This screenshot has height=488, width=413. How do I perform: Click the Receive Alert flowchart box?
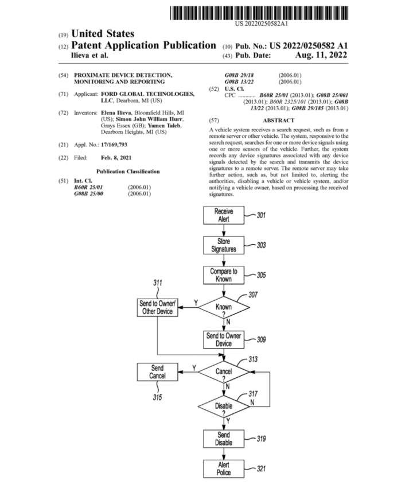click(x=224, y=215)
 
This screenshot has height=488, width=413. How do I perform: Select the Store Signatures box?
click(x=224, y=245)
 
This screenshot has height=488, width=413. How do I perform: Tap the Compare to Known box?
click(x=224, y=275)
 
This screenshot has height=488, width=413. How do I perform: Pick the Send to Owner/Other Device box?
click(x=158, y=307)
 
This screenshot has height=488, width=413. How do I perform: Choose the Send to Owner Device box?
click(x=224, y=339)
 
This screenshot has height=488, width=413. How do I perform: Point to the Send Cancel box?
click(x=158, y=371)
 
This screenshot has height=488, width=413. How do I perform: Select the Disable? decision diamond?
click(x=224, y=406)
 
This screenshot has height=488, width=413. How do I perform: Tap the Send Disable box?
click(x=224, y=439)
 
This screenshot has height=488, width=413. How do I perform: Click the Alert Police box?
click(x=224, y=468)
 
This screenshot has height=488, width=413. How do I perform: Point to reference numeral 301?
click(x=261, y=216)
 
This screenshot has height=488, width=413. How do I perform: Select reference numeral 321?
click(x=261, y=469)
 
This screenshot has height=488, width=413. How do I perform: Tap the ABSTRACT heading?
click(x=278, y=121)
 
